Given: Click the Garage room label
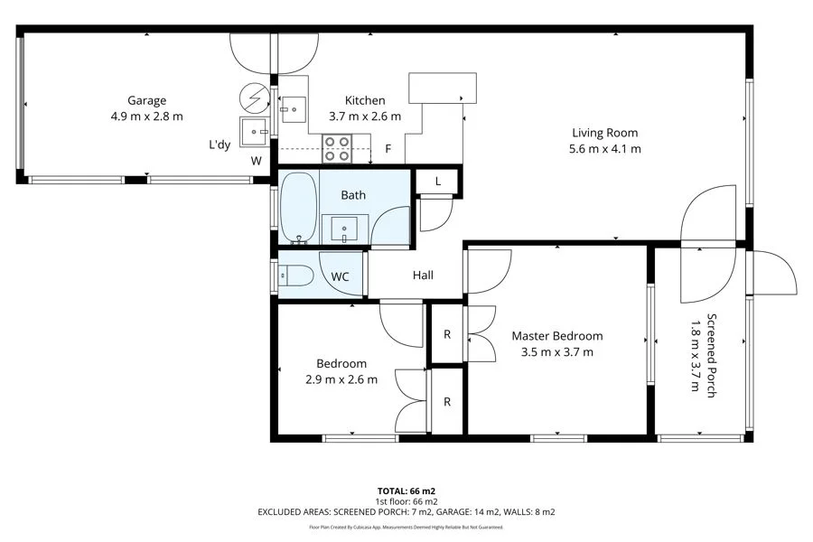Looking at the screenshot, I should (146, 100).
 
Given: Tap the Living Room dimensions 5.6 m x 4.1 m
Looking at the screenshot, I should (604, 149).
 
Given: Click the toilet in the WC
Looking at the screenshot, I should (295, 276).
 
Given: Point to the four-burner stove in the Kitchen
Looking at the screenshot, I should (337, 148).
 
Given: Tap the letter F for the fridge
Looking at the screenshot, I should (388, 148).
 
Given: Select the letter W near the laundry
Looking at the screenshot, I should (257, 161).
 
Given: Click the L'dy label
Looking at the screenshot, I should (220, 144).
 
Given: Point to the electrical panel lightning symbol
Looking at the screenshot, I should (254, 96).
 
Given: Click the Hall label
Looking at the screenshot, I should (425, 276).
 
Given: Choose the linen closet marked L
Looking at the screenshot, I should (438, 182).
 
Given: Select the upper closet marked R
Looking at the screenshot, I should (446, 334).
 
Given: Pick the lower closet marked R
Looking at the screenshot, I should (446, 402).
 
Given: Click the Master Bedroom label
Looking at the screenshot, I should (556, 336).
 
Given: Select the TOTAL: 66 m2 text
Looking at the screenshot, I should (406, 491).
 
